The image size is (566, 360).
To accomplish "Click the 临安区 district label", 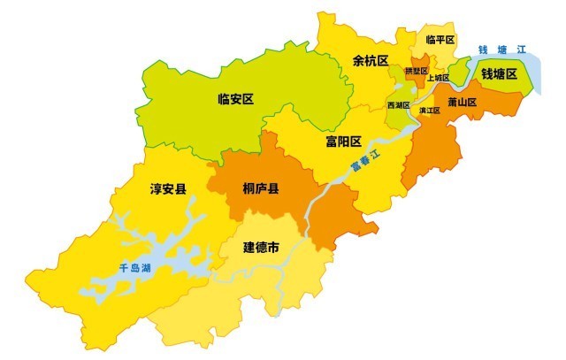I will coord(236,100).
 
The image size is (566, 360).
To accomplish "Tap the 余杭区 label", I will coord(371,61).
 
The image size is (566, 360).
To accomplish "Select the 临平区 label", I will coord(440,40).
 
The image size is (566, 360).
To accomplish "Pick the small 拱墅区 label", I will coord(416,70).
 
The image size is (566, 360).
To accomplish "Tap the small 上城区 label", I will coord(438,78).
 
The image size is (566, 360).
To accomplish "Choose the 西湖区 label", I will coord(399,104).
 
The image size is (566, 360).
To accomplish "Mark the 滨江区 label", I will coord(430,111).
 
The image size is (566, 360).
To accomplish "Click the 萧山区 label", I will coord(462,103).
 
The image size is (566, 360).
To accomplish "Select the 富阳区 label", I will coord(343,142).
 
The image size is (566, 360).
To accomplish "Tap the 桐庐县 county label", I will coord(261,188).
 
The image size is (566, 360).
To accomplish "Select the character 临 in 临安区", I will coord(224,100).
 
